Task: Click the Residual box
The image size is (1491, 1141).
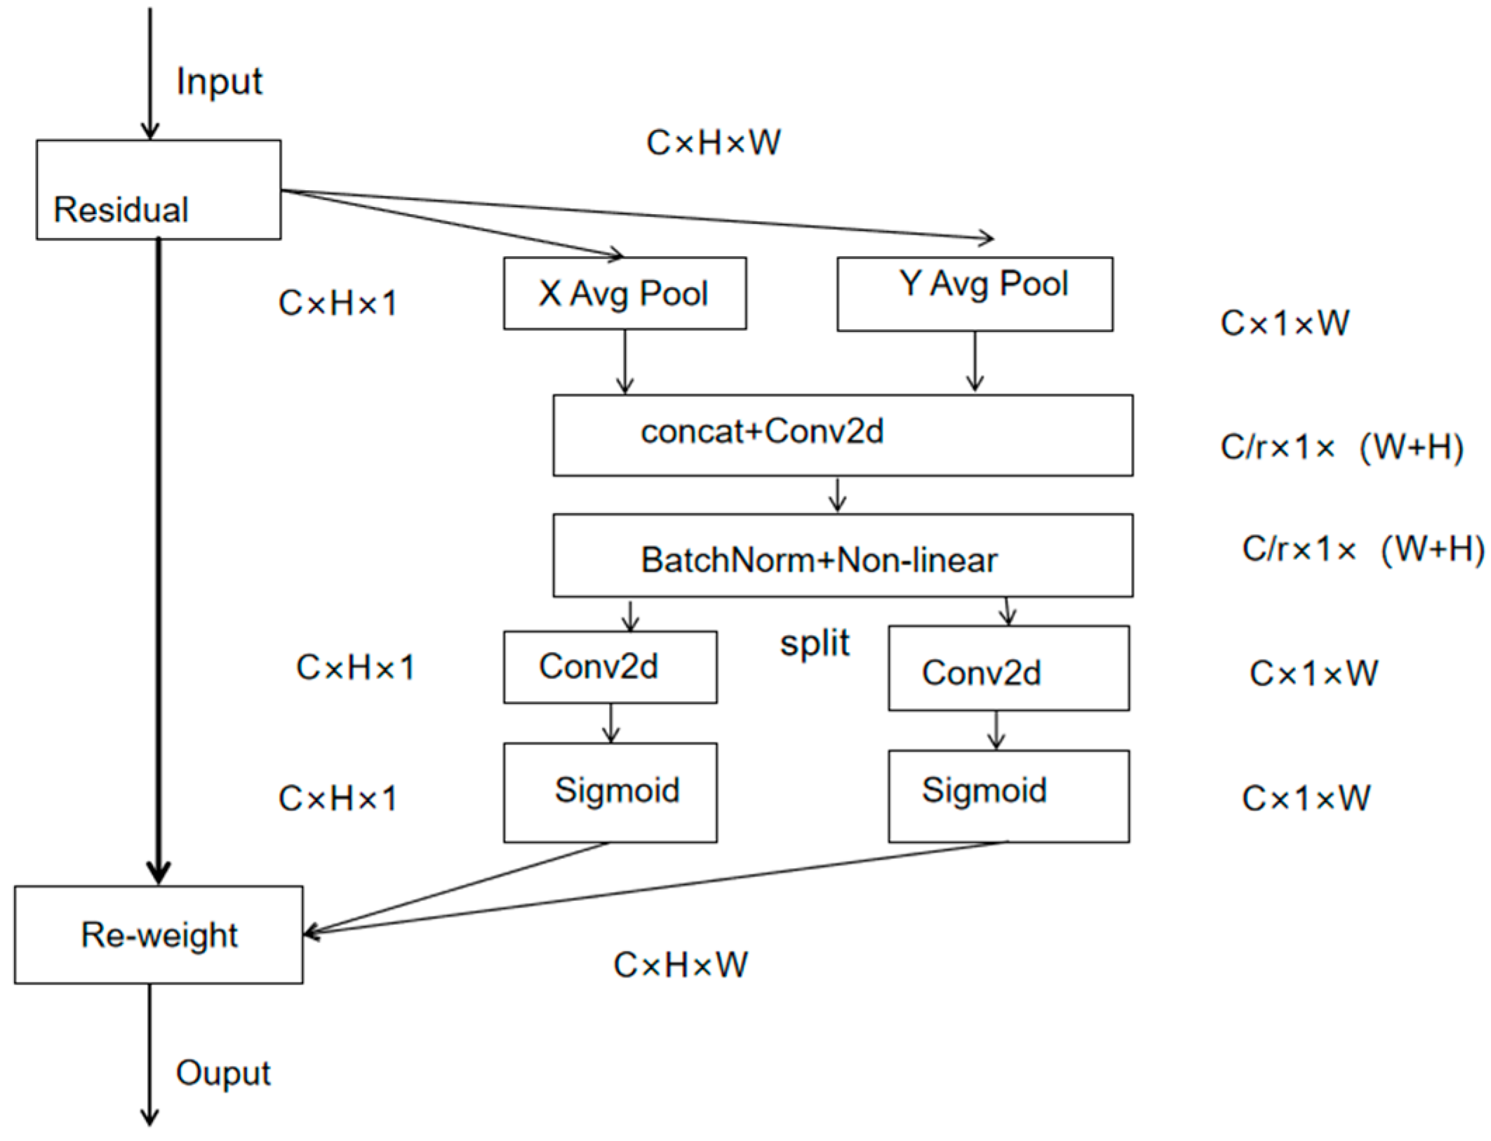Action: pos(159,189)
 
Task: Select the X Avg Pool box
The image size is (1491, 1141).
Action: pos(624,293)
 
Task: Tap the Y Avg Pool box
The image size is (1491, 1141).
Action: pos(975,293)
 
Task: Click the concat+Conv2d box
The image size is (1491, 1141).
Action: pos(843,435)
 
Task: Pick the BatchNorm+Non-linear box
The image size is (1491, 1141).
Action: pos(843,556)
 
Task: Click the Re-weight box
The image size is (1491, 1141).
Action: pos(159,935)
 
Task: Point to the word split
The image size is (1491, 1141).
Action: pos(815,643)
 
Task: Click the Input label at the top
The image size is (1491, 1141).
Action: pos(219,82)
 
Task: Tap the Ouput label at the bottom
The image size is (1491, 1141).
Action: pos(223,1073)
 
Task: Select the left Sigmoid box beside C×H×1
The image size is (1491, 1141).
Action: pos(610,792)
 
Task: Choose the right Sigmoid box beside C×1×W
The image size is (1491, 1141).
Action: pos(1008,796)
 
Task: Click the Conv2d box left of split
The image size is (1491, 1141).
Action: pos(610,667)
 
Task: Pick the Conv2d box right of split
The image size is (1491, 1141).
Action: pos(1008,668)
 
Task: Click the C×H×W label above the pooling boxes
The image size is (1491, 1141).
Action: pos(713,143)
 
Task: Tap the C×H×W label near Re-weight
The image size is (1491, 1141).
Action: pos(680,965)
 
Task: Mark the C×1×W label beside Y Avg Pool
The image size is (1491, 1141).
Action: pos(1284,323)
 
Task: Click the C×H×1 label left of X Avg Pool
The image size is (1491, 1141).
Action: pos(337,304)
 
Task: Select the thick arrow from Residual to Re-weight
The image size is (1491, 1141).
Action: pos(159,561)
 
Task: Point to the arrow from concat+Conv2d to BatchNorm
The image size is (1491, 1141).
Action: pos(837,495)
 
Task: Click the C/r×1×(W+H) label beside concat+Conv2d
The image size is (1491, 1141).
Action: pos(1341,448)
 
